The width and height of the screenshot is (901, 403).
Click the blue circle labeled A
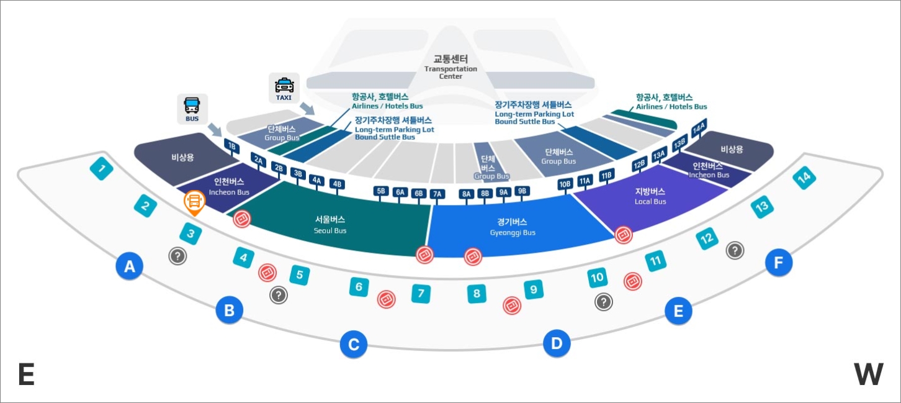click(x=129, y=267)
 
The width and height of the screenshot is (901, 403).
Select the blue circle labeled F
click(x=779, y=263)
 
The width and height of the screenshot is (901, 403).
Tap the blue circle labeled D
click(x=557, y=343)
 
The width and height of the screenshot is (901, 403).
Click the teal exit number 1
click(x=102, y=168)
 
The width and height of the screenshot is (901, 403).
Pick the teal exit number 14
click(x=804, y=178)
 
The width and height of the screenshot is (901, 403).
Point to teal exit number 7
click(x=421, y=293)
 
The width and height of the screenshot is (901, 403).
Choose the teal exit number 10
click(x=598, y=278)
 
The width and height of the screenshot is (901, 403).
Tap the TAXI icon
click(x=284, y=88)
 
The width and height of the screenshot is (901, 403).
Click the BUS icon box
click(x=192, y=109)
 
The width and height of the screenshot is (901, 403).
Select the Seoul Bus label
click(x=330, y=224)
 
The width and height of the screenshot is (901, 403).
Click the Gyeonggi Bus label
click(x=512, y=227)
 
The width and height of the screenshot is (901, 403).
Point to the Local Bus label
click(x=650, y=196)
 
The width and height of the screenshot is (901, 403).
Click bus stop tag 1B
click(x=231, y=147)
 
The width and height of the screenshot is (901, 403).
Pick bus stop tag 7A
click(x=437, y=194)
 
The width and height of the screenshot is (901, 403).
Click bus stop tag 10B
click(x=565, y=184)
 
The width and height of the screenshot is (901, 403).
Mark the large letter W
click(x=868, y=374)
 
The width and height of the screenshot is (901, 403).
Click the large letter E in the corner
click(x=26, y=374)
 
